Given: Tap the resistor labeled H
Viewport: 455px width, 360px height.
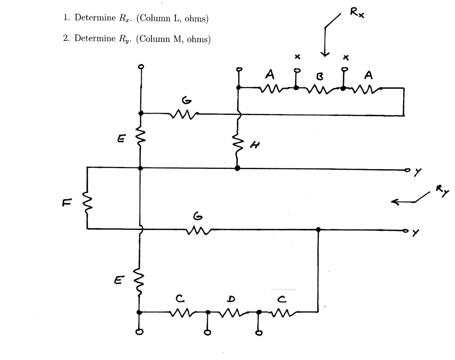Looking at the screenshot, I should [238, 145].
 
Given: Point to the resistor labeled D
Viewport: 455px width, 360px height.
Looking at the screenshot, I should [232, 312].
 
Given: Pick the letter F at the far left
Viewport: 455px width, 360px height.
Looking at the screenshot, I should [65, 202].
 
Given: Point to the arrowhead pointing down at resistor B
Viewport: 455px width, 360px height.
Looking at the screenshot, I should [326, 54].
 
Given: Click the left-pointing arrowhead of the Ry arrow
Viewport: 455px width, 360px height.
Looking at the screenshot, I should [394, 202].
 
